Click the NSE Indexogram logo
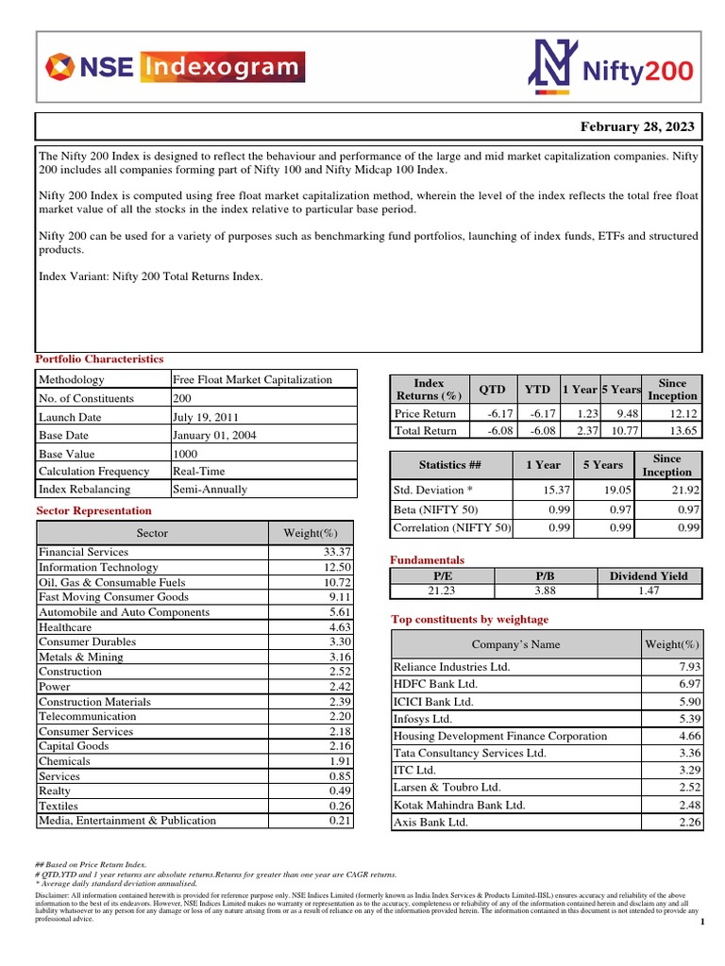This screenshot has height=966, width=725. coord(176,67)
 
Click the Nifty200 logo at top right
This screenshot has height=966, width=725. coord(611,67)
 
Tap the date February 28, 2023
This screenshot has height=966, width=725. coord(638,127)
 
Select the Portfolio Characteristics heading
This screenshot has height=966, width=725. coord(99,359)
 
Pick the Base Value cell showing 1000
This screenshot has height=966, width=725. coord(186,454)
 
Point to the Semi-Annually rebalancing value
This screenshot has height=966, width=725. coord(210,490)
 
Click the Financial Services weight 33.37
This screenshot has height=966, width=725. coord(335,553)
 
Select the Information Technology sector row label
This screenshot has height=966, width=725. coord(98,568)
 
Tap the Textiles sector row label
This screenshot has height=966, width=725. coord(59,807)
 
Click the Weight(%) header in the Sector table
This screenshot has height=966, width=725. coord(310,533)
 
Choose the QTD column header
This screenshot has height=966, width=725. coord(492,390)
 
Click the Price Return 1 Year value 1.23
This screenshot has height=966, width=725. coord(582,414)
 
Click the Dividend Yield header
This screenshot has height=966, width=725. coord(649,575)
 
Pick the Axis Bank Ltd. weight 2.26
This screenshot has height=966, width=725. coord(683,823)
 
